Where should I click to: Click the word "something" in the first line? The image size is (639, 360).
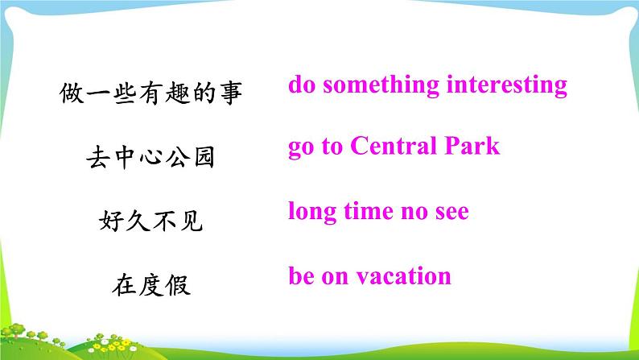[381, 85]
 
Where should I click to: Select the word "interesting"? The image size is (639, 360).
[507, 85]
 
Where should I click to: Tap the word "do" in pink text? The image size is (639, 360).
[302, 85]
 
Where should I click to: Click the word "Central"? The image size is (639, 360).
[394, 146]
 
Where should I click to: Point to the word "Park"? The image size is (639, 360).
[472, 146]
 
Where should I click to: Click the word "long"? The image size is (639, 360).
[312, 212]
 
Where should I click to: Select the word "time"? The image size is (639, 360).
[369, 211]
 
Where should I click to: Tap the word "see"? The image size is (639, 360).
[452, 213]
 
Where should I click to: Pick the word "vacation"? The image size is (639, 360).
[404, 276]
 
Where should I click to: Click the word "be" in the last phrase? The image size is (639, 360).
[301, 275]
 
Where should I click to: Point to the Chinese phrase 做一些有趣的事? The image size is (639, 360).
[150, 93]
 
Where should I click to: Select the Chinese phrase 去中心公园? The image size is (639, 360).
[150, 157]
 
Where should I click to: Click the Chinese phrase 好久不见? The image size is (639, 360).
[150, 221]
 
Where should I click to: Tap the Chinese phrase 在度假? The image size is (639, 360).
[150, 284]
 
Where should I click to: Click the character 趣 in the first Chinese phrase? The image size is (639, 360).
[178, 93]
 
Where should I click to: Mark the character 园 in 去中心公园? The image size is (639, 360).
[204, 157]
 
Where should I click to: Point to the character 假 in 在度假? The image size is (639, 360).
[178, 284]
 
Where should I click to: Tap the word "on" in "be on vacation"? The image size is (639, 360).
[336, 277]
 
